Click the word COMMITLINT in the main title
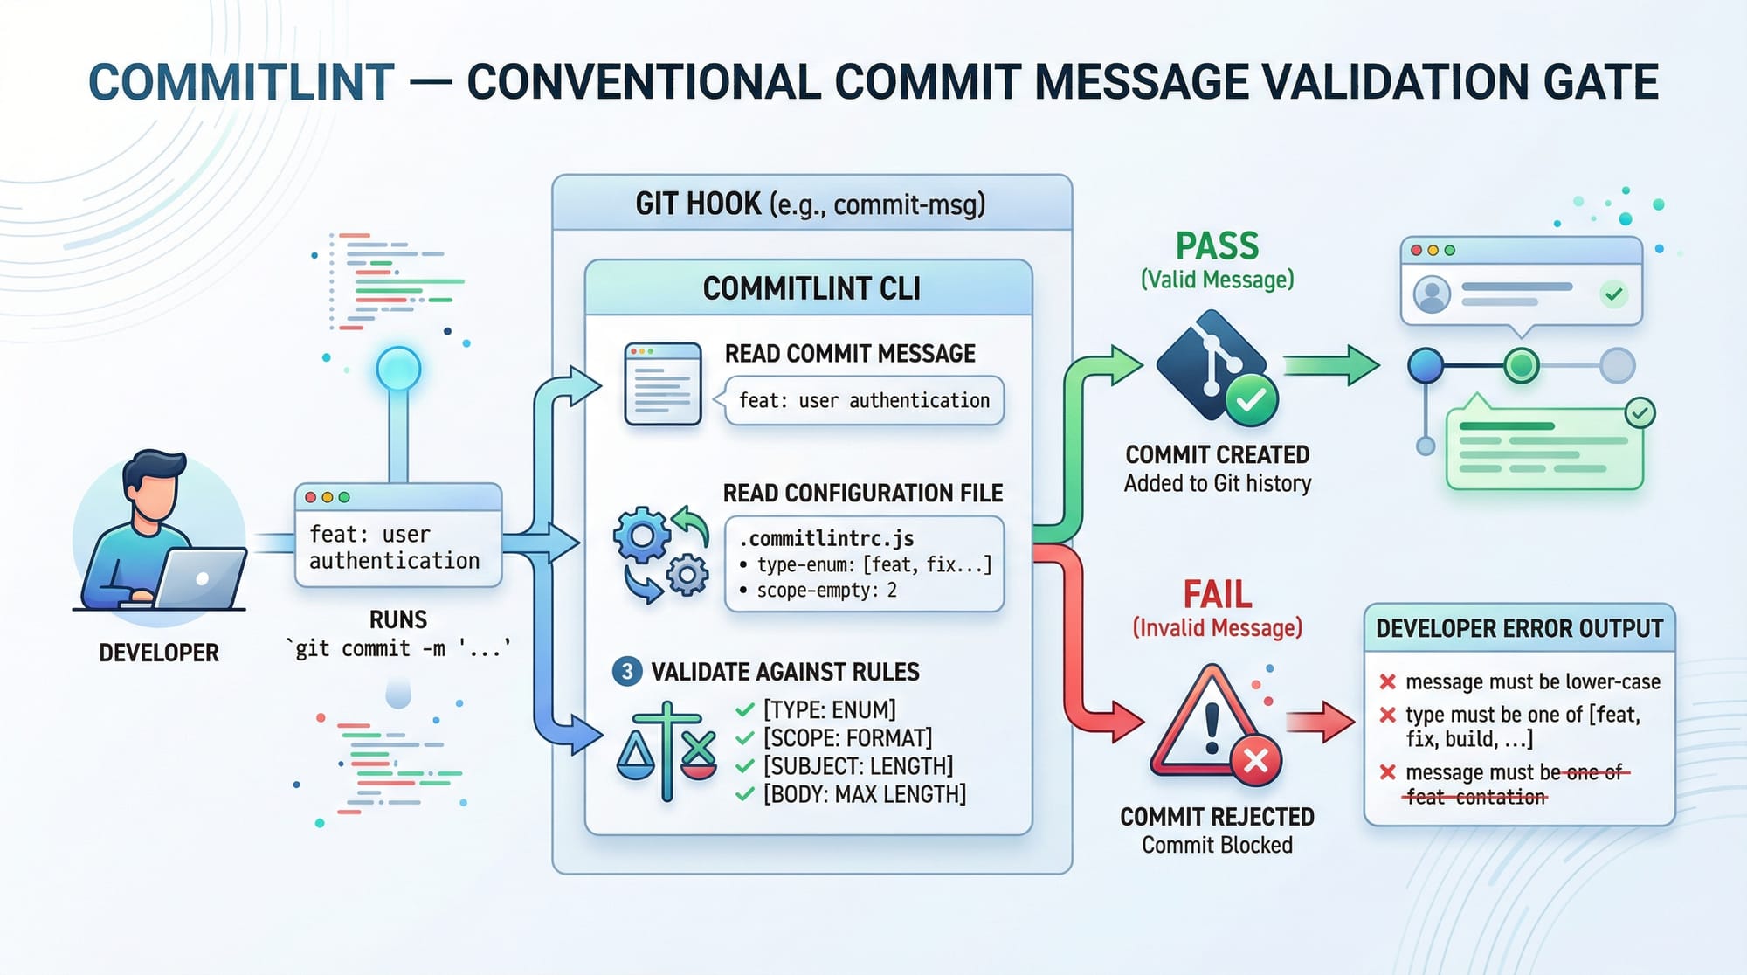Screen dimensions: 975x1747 pos(241,83)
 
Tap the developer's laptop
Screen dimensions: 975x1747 pos(203,578)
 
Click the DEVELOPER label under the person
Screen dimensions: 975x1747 pos(159,653)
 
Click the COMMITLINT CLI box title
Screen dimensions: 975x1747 pos(811,288)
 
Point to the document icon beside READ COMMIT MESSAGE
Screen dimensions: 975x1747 pos(663,384)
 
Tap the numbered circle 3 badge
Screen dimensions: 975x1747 pos(626,672)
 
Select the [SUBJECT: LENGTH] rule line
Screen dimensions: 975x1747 pos(858,766)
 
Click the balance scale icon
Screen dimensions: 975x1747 pos(666,751)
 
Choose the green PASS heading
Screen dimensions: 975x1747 pos(1217,246)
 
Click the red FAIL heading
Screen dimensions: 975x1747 pos(1217,595)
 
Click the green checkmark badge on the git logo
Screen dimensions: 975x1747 pos(1251,400)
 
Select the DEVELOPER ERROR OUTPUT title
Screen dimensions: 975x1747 pos(1519,628)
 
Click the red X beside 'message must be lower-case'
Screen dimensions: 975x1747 pos(1387,681)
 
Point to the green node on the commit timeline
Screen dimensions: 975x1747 pos(1521,365)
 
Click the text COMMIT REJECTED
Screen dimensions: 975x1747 pos(1217,817)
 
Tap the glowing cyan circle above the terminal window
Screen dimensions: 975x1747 pos(398,369)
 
